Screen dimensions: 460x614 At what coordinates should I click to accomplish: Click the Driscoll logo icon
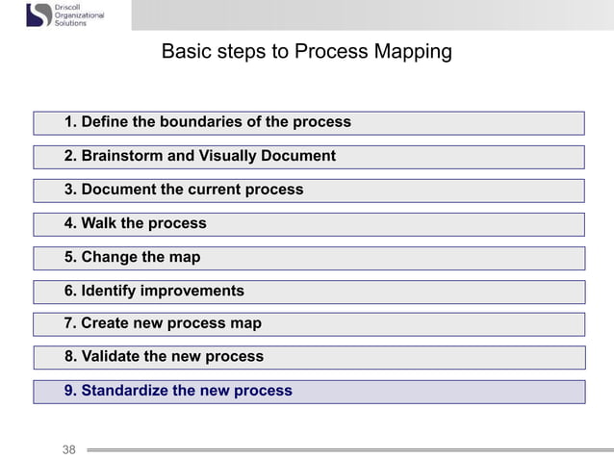point(39,15)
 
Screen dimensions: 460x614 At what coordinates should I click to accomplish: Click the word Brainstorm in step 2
point(123,156)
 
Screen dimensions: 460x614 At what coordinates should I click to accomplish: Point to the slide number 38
point(69,449)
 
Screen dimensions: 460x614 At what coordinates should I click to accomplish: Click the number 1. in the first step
point(70,122)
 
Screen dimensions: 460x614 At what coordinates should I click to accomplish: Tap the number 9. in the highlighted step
point(70,391)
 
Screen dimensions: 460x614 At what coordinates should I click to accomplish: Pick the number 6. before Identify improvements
point(70,291)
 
